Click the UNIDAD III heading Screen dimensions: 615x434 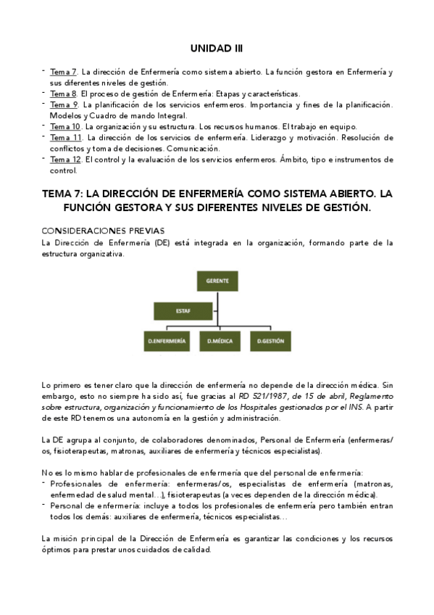(217, 48)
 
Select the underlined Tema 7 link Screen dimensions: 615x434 (63, 73)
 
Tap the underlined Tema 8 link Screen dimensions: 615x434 (63, 94)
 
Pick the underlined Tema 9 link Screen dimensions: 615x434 (63, 105)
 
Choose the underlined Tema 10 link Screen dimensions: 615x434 (65, 126)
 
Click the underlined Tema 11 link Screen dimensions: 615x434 (65, 137)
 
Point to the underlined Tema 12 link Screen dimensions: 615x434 (65, 159)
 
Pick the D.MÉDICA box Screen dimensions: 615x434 (220, 340)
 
